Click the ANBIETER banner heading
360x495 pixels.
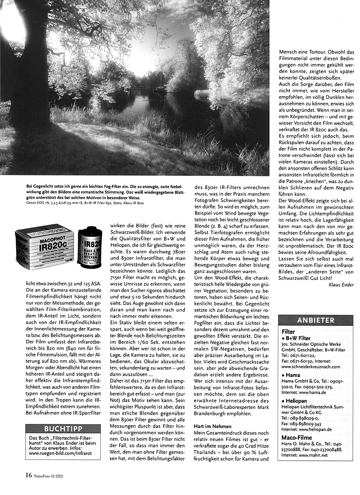(x=315, y=320)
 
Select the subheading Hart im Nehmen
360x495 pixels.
(x=213, y=426)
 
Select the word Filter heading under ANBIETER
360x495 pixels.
(x=288, y=331)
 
